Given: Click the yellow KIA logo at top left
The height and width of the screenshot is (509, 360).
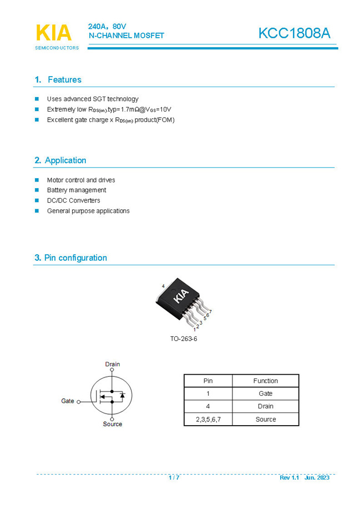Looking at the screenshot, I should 54,33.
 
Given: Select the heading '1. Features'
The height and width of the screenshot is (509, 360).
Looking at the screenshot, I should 58,79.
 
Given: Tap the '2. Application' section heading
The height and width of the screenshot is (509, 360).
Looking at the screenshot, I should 60,160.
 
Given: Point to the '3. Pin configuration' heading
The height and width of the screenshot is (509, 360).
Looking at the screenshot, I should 70,258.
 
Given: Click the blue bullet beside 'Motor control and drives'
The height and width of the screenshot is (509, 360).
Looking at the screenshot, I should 37,180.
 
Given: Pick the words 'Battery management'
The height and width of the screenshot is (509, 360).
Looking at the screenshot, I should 77,190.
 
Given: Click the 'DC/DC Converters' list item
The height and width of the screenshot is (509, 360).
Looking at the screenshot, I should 73,200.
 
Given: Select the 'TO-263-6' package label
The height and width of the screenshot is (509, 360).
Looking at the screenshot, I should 184,339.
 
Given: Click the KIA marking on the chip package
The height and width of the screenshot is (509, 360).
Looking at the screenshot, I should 182,296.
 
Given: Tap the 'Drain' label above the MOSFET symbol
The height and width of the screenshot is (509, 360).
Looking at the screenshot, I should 113,364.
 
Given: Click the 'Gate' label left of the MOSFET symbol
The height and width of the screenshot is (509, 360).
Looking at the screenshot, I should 68,401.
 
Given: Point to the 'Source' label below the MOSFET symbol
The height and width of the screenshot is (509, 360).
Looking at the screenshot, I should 113,424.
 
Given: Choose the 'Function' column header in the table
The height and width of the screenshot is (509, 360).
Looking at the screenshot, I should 265,381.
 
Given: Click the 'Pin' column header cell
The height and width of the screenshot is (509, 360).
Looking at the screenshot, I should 208,381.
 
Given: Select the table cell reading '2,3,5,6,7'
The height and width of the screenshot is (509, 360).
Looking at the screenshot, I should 208,419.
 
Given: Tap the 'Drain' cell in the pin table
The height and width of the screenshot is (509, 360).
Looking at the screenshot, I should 265,406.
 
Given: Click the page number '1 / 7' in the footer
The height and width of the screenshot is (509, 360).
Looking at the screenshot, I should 174,477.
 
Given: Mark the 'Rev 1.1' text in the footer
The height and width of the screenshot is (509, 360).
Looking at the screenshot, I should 289,477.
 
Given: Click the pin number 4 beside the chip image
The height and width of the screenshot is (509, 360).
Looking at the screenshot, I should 163,285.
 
